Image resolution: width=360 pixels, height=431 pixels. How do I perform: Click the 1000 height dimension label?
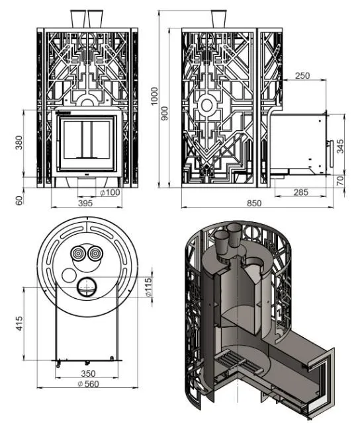click(x=154, y=96)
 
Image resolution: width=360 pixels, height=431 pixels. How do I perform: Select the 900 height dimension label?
click(x=165, y=114)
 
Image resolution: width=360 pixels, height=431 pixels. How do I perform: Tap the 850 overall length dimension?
click(x=253, y=203)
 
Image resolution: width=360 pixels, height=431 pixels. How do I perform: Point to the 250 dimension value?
click(x=302, y=75)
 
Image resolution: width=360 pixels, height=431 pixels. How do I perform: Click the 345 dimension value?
click(x=340, y=147)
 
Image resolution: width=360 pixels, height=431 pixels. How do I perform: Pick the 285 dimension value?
click(x=301, y=192)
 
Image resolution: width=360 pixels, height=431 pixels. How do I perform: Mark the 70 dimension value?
click(x=340, y=180)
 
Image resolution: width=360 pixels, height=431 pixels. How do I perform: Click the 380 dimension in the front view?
click(x=19, y=142)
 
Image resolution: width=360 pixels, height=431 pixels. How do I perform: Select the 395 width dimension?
click(x=85, y=204)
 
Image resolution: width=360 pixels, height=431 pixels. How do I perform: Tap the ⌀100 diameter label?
click(x=110, y=192)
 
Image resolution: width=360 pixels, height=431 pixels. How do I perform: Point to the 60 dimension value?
click(x=19, y=200)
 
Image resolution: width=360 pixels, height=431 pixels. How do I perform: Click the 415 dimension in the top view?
click(x=19, y=324)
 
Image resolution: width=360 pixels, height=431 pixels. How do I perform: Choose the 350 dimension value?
click(x=88, y=373)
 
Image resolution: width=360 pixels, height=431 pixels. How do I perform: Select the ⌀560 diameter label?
click(x=88, y=383)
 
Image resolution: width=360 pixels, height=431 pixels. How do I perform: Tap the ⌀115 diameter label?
click(x=148, y=288)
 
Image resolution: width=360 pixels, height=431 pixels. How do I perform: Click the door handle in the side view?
click(x=331, y=154)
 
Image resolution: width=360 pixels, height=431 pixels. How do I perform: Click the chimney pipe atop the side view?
click(x=219, y=19)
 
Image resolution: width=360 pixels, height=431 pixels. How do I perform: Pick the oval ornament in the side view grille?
click(x=206, y=105)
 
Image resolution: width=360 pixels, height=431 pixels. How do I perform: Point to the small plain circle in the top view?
click(x=69, y=276)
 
